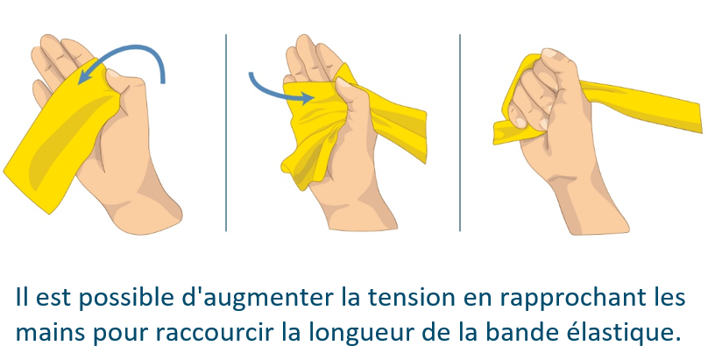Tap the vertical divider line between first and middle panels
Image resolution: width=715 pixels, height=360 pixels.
point(226,132)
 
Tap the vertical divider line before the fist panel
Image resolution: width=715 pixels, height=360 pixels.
point(460,132)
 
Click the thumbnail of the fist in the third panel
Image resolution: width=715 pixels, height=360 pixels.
point(549,53)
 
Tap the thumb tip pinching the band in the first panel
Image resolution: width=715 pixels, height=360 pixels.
point(112,74)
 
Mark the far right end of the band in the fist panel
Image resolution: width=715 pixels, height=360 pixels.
point(700,118)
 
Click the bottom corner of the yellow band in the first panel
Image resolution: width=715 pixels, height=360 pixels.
point(49,213)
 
